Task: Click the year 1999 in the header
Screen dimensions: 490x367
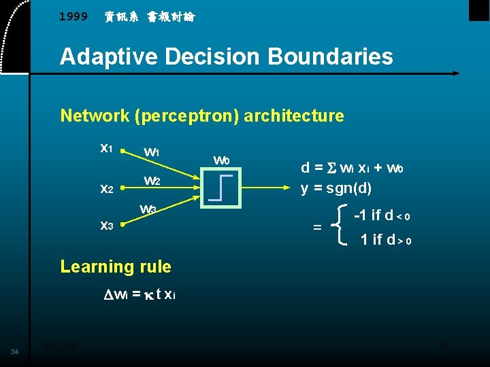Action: click(x=73, y=16)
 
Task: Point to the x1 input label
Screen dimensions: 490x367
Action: click(x=106, y=148)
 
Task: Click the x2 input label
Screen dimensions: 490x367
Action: click(x=106, y=188)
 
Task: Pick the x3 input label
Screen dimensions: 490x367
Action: click(x=106, y=226)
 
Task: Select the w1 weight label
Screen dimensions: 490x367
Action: click(x=151, y=152)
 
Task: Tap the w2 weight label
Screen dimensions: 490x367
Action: click(x=152, y=181)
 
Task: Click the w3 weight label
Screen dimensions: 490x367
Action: click(x=149, y=210)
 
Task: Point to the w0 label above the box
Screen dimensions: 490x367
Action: click(x=221, y=161)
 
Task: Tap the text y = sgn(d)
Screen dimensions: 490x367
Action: click(x=336, y=188)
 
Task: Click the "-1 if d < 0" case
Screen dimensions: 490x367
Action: click(x=381, y=216)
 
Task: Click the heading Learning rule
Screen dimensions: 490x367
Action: click(x=116, y=266)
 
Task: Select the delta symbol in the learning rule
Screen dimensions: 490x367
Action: click(x=108, y=295)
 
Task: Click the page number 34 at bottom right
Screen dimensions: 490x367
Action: click(x=443, y=347)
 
